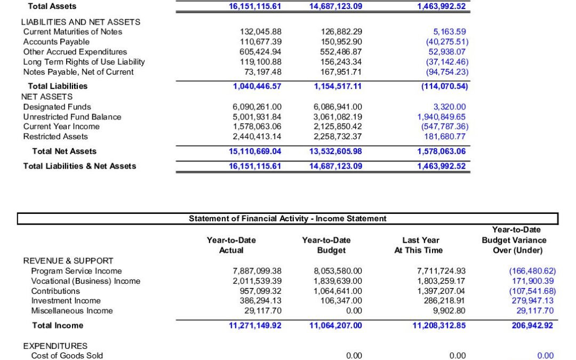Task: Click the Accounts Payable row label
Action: tap(52, 42)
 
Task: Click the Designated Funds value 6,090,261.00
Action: tap(257, 107)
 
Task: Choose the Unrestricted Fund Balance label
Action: tap(72, 117)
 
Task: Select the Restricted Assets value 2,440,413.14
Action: tap(257, 137)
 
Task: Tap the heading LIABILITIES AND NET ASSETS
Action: tap(81, 22)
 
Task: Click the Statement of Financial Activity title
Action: tap(287, 219)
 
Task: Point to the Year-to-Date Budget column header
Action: tap(326, 245)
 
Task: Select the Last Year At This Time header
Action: tap(419, 245)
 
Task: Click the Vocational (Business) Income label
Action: tap(86, 281)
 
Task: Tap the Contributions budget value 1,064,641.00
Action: tap(338, 291)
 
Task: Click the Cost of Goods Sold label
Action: tap(67, 356)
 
